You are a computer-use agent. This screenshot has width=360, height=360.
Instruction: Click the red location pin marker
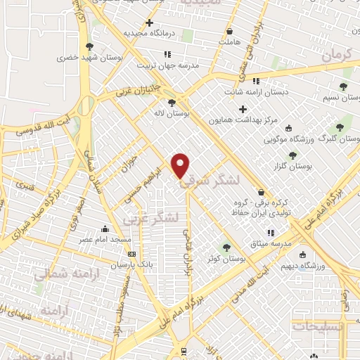point(181,165)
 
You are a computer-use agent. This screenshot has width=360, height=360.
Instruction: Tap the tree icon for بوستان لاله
point(172,102)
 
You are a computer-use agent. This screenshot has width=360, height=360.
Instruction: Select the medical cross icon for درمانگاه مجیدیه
point(149,22)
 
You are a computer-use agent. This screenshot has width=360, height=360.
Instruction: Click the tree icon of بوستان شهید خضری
point(109,46)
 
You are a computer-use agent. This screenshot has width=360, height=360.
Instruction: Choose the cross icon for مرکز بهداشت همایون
point(243,109)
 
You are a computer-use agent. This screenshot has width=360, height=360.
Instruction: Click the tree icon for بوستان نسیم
point(342,87)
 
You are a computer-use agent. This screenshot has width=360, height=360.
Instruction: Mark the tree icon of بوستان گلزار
point(292,155)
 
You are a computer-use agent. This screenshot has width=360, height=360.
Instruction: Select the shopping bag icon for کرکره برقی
point(261,191)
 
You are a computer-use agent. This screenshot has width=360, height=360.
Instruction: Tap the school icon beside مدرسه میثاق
point(270,232)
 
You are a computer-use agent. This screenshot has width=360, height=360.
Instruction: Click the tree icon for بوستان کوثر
point(226,247)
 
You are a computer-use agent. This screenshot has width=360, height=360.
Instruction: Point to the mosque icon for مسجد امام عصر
point(105,228)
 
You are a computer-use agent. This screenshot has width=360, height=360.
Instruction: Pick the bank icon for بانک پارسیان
point(131,254)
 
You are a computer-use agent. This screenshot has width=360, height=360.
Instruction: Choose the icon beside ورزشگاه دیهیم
point(303,255)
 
